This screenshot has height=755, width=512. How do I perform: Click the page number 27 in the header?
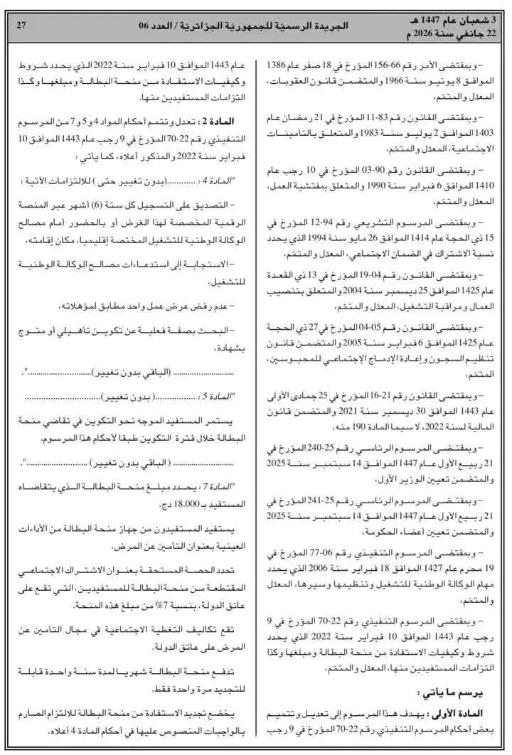tap(21, 25)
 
